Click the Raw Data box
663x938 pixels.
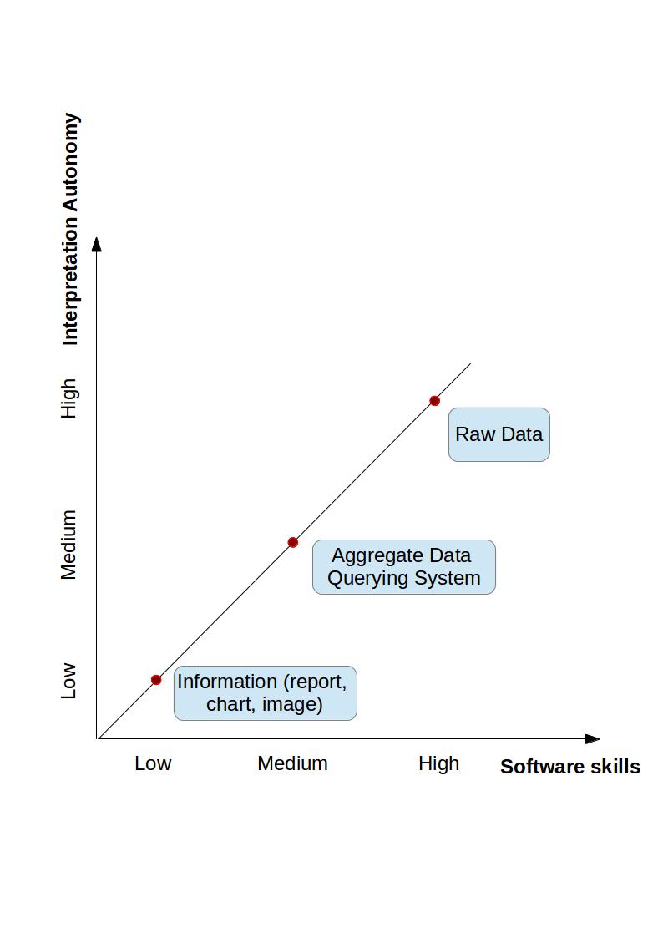click(x=499, y=434)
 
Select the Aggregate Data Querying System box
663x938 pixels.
click(x=403, y=567)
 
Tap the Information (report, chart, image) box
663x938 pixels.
click(x=265, y=692)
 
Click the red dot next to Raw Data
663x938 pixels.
click(x=434, y=401)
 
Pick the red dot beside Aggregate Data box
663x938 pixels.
click(x=293, y=543)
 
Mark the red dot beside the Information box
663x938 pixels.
click(x=156, y=680)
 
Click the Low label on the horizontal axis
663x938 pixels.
click(x=153, y=763)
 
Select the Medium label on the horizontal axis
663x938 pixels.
click(x=292, y=763)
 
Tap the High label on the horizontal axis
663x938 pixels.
click(x=438, y=763)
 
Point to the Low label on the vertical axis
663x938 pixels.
click(x=68, y=681)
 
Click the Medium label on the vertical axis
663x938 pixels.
click(x=68, y=545)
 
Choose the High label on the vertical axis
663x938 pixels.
click(x=68, y=398)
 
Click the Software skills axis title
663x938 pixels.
click(x=569, y=767)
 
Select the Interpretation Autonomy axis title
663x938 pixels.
click(x=71, y=229)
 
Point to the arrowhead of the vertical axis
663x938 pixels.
click(x=97, y=244)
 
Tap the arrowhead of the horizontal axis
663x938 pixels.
click(x=593, y=739)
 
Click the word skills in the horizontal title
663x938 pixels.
click(x=614, y=767)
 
